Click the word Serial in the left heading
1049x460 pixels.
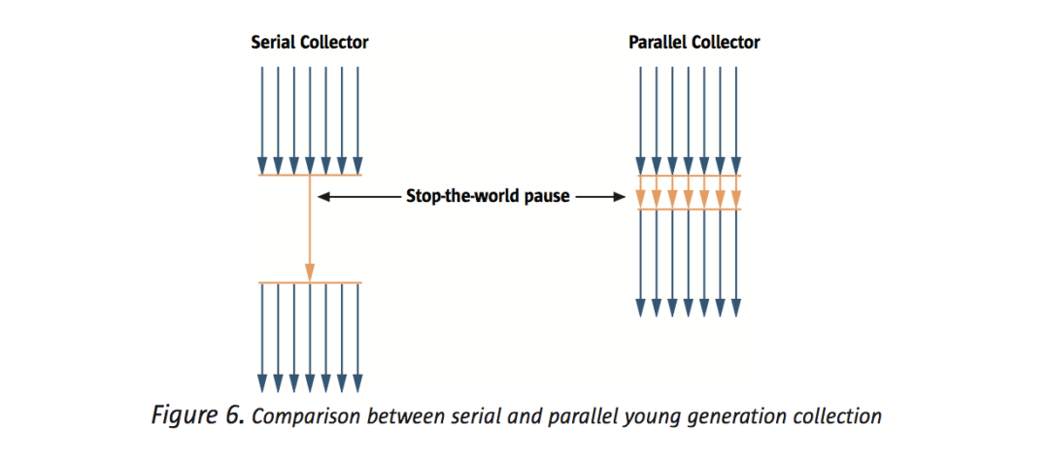point(272,43)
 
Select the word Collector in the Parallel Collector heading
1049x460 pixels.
point(726,43)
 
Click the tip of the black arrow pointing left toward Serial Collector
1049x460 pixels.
point(318,197)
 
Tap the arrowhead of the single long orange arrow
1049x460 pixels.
point(309,273)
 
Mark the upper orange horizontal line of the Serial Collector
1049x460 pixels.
point(310,176)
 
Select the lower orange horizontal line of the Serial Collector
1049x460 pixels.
point(310,282)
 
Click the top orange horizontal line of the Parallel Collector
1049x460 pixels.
point(689,176)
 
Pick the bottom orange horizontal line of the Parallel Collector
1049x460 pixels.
point(689,210)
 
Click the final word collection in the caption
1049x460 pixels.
point(830,416)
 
